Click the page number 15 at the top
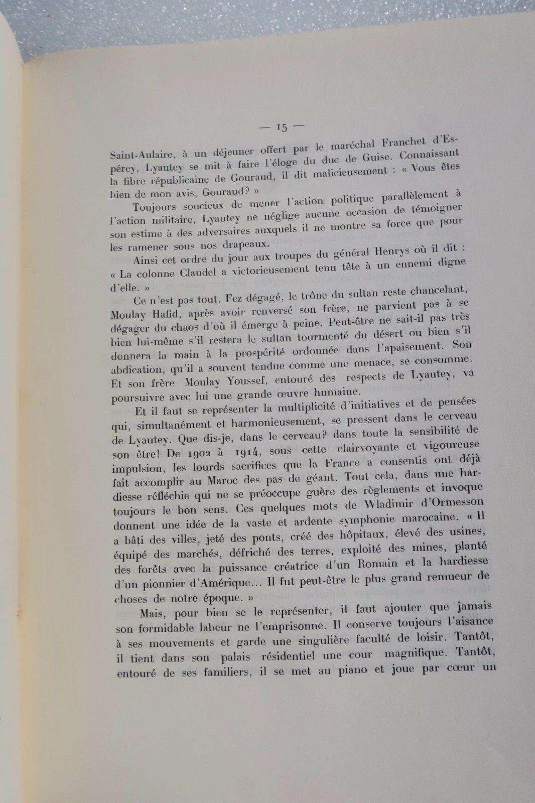(282, 127)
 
